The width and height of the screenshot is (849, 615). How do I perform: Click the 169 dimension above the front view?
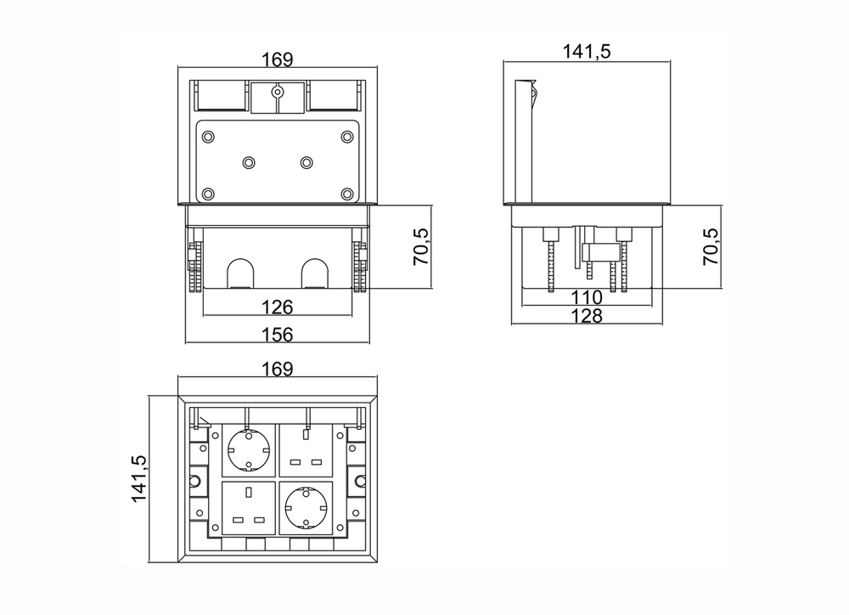278,59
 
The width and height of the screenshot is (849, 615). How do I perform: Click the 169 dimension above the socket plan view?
278,369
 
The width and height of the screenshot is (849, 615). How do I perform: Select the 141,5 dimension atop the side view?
587,51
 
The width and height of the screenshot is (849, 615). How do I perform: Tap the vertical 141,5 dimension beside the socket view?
138,478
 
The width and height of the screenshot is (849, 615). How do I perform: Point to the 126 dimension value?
278,307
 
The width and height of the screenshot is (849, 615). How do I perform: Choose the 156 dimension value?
278,335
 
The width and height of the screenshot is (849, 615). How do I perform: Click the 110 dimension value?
587,297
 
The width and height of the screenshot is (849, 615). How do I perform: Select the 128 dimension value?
587,316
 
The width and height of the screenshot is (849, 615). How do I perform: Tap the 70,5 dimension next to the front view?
421,246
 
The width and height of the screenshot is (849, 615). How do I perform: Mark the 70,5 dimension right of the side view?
711,246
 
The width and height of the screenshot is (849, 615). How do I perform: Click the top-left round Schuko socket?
249,449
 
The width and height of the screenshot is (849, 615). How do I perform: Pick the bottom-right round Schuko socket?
306,506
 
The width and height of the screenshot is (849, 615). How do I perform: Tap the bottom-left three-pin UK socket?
249,508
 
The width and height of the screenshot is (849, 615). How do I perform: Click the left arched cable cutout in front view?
239,273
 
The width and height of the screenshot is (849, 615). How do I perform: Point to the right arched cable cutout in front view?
315,273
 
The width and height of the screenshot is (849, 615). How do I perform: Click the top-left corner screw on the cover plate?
208,137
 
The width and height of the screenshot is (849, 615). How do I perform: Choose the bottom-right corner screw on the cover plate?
347,194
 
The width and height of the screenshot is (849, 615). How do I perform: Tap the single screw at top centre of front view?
278,92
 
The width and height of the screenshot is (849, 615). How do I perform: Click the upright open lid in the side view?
523,141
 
